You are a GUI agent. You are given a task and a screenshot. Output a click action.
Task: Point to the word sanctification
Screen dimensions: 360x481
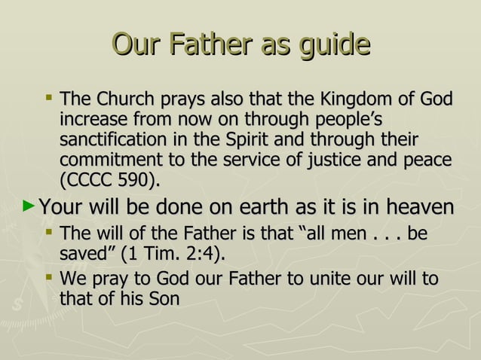[115, 141]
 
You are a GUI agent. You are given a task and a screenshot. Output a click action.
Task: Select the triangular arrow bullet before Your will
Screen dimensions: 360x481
[29, 205]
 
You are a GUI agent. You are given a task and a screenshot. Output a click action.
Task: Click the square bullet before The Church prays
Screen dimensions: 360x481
[48, 98]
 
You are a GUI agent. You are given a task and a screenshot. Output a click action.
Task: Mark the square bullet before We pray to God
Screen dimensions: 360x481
[48, 278]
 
